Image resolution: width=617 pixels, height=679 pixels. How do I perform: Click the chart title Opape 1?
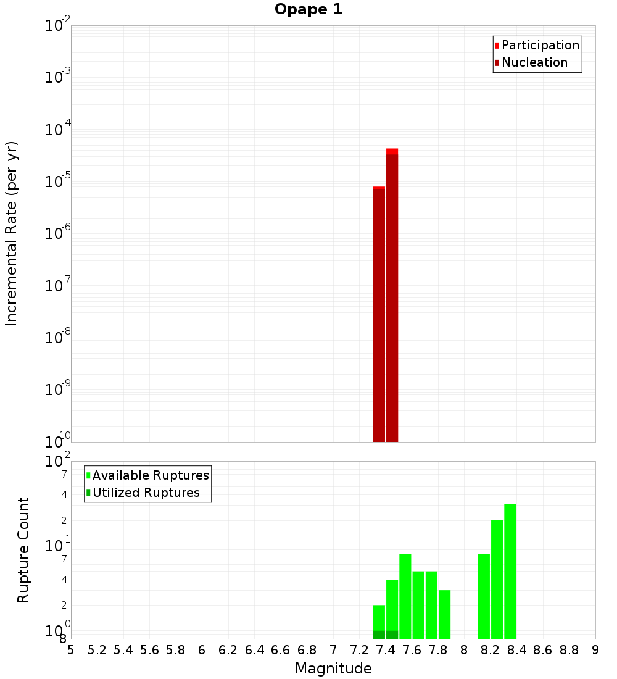coord(308,10)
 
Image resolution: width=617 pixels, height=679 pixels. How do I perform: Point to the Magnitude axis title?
coord(333,669)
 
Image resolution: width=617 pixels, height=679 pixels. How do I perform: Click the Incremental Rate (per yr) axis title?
coord(12,233)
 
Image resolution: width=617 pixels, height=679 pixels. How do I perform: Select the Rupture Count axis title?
coord(23,549)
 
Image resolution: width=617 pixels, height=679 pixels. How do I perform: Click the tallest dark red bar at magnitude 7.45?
coord(392,296)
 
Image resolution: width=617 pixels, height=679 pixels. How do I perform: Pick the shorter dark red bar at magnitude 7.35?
coord(379,315)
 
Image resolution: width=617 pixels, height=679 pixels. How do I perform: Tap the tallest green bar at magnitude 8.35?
coord(510,571)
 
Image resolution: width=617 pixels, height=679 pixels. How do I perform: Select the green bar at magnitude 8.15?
coord(484,596)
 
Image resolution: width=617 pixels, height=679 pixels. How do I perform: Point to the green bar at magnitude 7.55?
coord(405,596)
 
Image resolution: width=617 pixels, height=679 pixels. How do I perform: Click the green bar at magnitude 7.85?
coord(444,614)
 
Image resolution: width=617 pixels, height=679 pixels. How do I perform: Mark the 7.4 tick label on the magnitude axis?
coord(386,650)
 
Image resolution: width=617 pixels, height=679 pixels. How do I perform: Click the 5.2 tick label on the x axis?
coord(97,650)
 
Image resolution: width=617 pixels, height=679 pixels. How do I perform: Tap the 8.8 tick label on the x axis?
coord(569,650)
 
